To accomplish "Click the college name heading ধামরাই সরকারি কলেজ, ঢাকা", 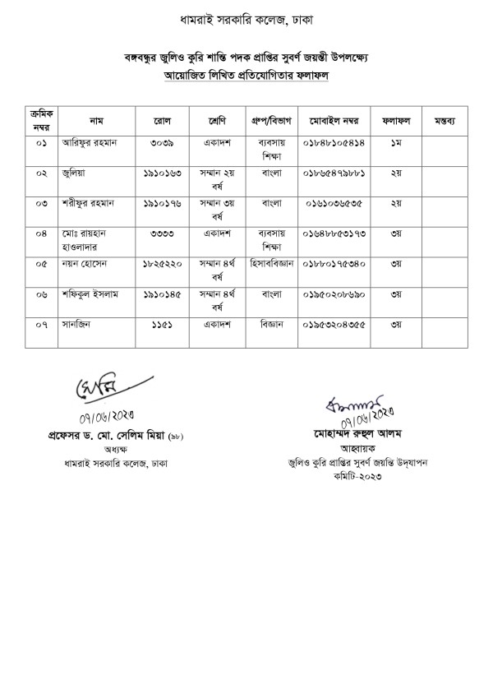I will point(246,18).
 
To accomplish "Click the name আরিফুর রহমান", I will point(90,142).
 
